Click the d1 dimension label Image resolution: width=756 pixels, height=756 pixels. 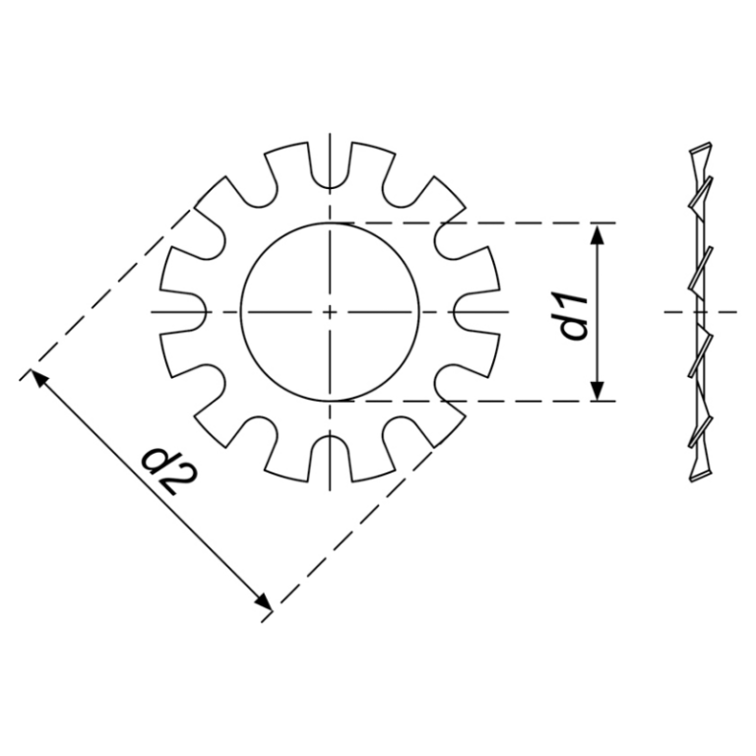[x=573, y=314]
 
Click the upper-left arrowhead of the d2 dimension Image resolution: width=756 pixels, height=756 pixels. [x=38, y=377]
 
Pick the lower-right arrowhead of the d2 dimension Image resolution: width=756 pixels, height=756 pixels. [x=263, y=601]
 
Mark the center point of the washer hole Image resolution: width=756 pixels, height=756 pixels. [x=330, y=312]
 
